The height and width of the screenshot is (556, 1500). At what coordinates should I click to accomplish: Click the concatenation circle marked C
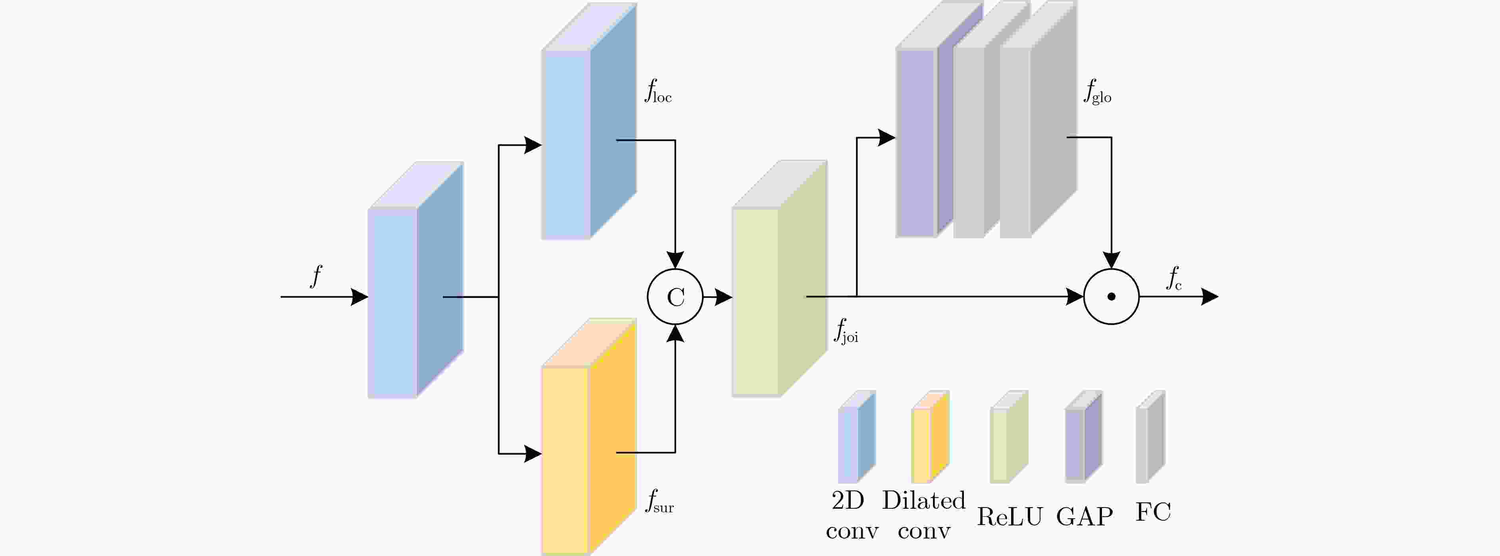click(x=675, y=297)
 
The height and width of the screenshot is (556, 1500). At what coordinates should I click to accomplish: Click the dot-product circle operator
click(x=1111, y=297)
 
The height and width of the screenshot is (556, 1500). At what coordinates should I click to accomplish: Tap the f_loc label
click(x=658, y=92)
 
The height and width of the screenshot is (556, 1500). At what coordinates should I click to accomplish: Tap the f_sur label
click(x=659, y=502)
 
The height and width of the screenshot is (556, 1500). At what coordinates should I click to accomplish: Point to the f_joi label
click(x=846, y=332)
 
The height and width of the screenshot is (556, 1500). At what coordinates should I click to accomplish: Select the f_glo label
click(x=1098, y=92)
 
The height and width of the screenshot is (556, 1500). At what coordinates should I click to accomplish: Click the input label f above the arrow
click(x=316, y=276)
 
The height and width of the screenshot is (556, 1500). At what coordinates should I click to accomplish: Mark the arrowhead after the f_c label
click(x=1210, y=297)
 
